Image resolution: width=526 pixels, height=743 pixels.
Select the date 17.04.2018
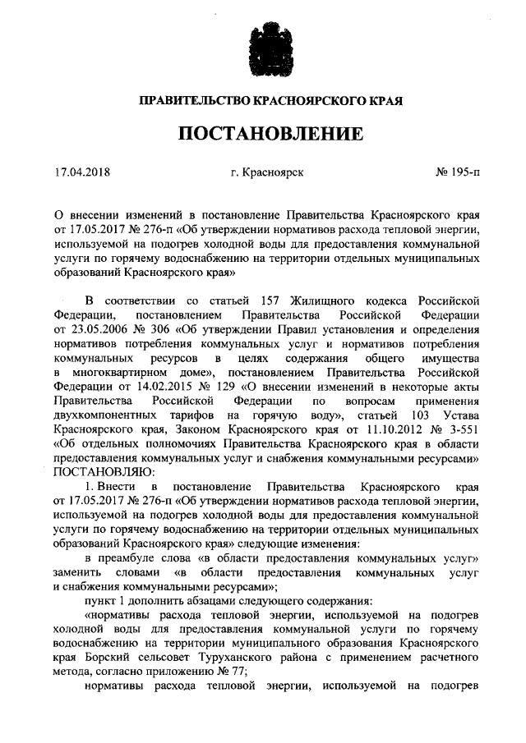pyautogui.click(x=81, y=174)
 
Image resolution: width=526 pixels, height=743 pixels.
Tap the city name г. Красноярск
pyautogui.click(x=268, y=174)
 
